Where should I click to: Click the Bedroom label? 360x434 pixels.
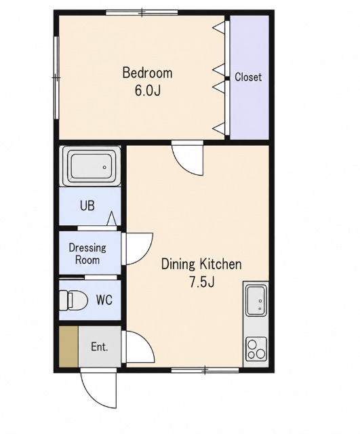click(147, 73)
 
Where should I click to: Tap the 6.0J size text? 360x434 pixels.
click(148, 90)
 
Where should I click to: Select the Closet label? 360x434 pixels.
click(248, 77)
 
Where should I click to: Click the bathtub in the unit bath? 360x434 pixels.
click(92, 165)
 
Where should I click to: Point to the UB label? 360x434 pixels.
click(87, 206)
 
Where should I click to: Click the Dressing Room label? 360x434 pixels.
click(87, 254)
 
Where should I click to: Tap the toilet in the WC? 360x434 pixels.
click(74, 300)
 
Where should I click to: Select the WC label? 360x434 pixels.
click(104, 300)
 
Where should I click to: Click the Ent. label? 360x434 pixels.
click(100, 347)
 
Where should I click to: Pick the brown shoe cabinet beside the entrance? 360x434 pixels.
click(68, 347)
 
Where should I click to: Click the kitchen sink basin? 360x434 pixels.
click(256, 300)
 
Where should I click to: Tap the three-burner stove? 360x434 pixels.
click(256, 349)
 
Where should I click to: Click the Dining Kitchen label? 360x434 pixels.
click(201, 264)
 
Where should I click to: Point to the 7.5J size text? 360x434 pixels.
click(202, 282)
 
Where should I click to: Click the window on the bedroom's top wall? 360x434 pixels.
click(142, 12)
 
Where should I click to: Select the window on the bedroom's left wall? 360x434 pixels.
click(56, 78)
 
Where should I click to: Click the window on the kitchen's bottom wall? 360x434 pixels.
click(205, 370)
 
